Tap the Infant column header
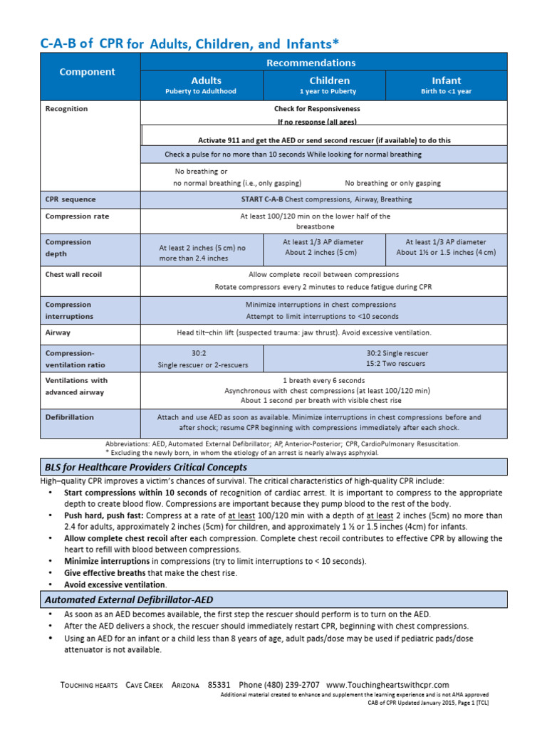[447, 85]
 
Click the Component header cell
[87, 72]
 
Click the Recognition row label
[67, 109]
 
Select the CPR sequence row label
[71, 199]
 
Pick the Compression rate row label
[78, 216]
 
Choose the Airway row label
[58, 332]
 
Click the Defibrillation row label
[70, 417]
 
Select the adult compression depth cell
[202, 253]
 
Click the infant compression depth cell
[446, 247]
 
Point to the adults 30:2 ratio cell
[202, 359]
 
